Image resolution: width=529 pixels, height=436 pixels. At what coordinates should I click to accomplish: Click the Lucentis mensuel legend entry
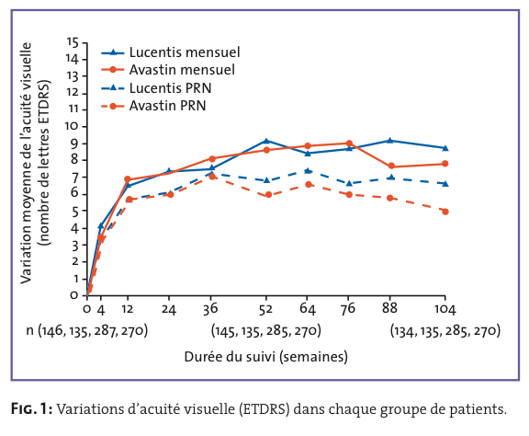click(171, 52)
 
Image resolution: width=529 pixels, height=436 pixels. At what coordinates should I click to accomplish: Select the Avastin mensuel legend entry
click(168, 70)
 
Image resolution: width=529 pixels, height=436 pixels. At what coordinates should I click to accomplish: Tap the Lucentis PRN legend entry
click(156, 88)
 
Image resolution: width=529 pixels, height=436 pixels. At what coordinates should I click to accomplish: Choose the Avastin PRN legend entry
click(153, 106)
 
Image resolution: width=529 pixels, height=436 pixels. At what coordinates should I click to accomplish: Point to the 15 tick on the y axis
click(73, 42)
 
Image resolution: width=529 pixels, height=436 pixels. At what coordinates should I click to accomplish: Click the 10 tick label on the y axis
click(72, 126)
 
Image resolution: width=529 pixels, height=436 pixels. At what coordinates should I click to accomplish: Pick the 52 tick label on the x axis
click(265, 309)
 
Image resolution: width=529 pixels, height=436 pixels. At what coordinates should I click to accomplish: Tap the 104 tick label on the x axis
click(445, 309)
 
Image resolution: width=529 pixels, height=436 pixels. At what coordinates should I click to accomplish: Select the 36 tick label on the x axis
click(210, 309)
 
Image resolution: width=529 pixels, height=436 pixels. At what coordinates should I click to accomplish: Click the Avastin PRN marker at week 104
click(445, 212)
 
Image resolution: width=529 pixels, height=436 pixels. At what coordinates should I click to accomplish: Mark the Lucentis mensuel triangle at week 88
click(390, 140)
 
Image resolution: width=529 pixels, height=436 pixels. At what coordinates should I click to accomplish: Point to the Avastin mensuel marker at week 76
click(349, 143)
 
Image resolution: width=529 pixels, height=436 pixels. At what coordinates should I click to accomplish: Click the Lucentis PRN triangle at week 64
click(308, 171)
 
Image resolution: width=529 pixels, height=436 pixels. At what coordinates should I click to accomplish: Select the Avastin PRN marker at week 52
click(268, 195)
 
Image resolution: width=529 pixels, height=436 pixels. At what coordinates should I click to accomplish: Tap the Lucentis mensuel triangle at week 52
click(266, 141)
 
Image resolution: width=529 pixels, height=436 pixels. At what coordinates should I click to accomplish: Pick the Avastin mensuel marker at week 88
click(391, 166)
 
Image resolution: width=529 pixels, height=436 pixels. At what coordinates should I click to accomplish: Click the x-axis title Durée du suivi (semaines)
click(265, 357)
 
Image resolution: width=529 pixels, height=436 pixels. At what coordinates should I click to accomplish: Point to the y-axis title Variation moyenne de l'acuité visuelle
click(26, 163)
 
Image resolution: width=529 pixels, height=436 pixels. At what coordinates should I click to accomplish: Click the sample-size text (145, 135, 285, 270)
click(266, 330)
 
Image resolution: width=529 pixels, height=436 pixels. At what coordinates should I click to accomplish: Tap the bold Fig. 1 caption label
click(32, 409)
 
